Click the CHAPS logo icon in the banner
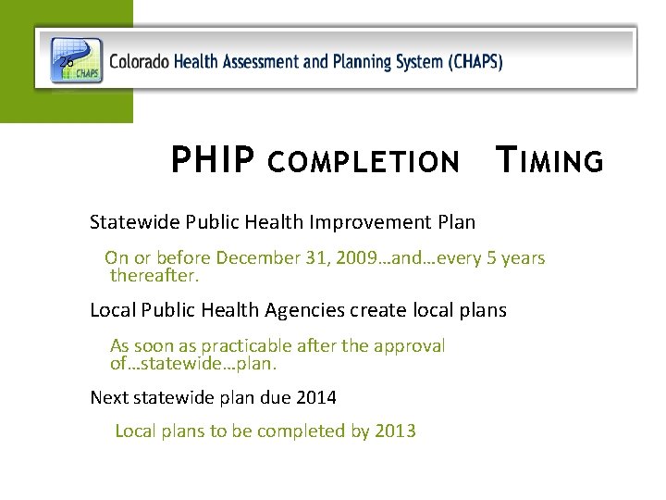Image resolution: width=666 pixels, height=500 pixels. [x=76, y=60]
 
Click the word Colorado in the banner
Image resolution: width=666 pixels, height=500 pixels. [x=138, y=63]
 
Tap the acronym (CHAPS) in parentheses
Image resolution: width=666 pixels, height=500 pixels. [x=475, y=63]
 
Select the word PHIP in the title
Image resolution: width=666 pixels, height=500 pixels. [x=213, y=162]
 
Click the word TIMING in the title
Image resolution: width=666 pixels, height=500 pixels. [x=549, y=162]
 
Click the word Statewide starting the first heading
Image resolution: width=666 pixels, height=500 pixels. [x=135, y=222]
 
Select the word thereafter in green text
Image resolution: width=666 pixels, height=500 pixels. [x=154, y=275]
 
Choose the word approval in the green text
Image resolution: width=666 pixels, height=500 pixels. [x=411, y=345]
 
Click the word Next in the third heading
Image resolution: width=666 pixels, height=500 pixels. [x=109, y=398]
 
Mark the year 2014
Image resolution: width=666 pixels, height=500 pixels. [x=316, y=398]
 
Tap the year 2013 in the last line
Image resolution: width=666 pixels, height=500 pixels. [x=396, y=431]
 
